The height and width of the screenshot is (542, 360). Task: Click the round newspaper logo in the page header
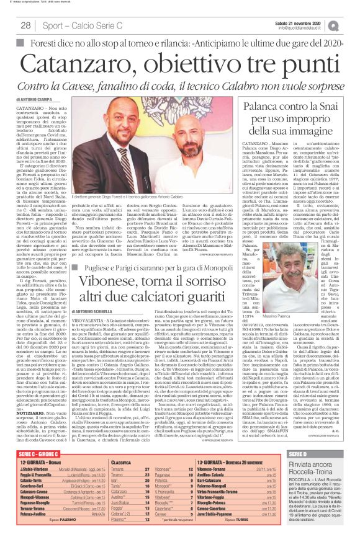point(351,25)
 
